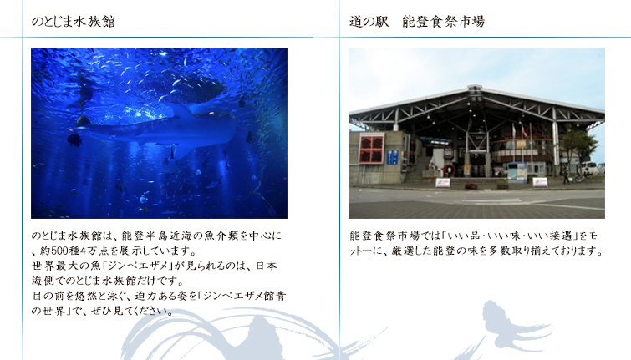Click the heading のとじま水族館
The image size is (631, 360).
(x=74, y=22)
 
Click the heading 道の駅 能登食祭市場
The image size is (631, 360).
(x=417, y=22)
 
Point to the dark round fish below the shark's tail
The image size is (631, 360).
(x=74, y=139)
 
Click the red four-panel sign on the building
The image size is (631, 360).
(x=371, y=149)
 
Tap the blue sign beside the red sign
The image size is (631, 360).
(x=392, y=157)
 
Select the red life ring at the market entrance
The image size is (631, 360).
(x=449, y=170)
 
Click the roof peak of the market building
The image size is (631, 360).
(x=475, y=87)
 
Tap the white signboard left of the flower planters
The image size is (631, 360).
(x=443, y=183)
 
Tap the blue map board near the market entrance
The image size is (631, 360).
(x=517, y=172)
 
